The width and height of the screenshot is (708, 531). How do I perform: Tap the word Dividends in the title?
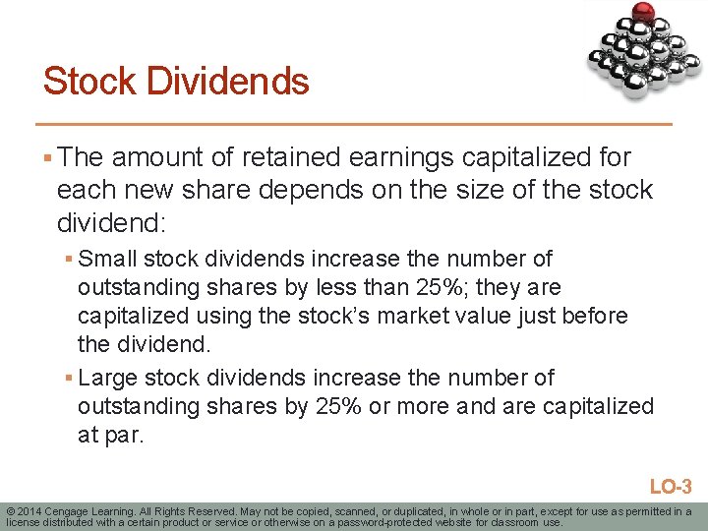[x=228, y=81]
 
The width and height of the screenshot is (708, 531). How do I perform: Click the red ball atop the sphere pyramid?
[x=644, y=13]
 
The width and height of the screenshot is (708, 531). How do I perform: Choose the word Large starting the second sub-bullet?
[x=109, y=378]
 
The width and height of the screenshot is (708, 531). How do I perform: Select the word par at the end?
[x=123, y=436]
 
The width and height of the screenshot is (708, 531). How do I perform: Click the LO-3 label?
[x=671, y=486]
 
